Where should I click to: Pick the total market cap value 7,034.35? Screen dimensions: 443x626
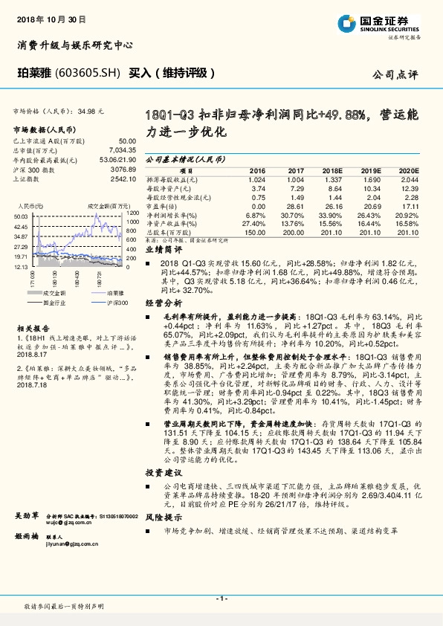pos(121,149)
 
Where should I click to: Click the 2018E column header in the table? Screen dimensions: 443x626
pos(334,170)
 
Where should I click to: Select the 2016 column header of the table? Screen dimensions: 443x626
pos(257,170)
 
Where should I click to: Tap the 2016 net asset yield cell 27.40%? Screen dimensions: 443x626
pos(253,223)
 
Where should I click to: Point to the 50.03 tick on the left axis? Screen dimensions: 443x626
pos(20,216)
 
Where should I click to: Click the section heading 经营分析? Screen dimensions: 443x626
pos(163,304)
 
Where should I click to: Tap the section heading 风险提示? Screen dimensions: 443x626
pos(163,517)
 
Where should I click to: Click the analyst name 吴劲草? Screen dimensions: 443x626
pos(27,514)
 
